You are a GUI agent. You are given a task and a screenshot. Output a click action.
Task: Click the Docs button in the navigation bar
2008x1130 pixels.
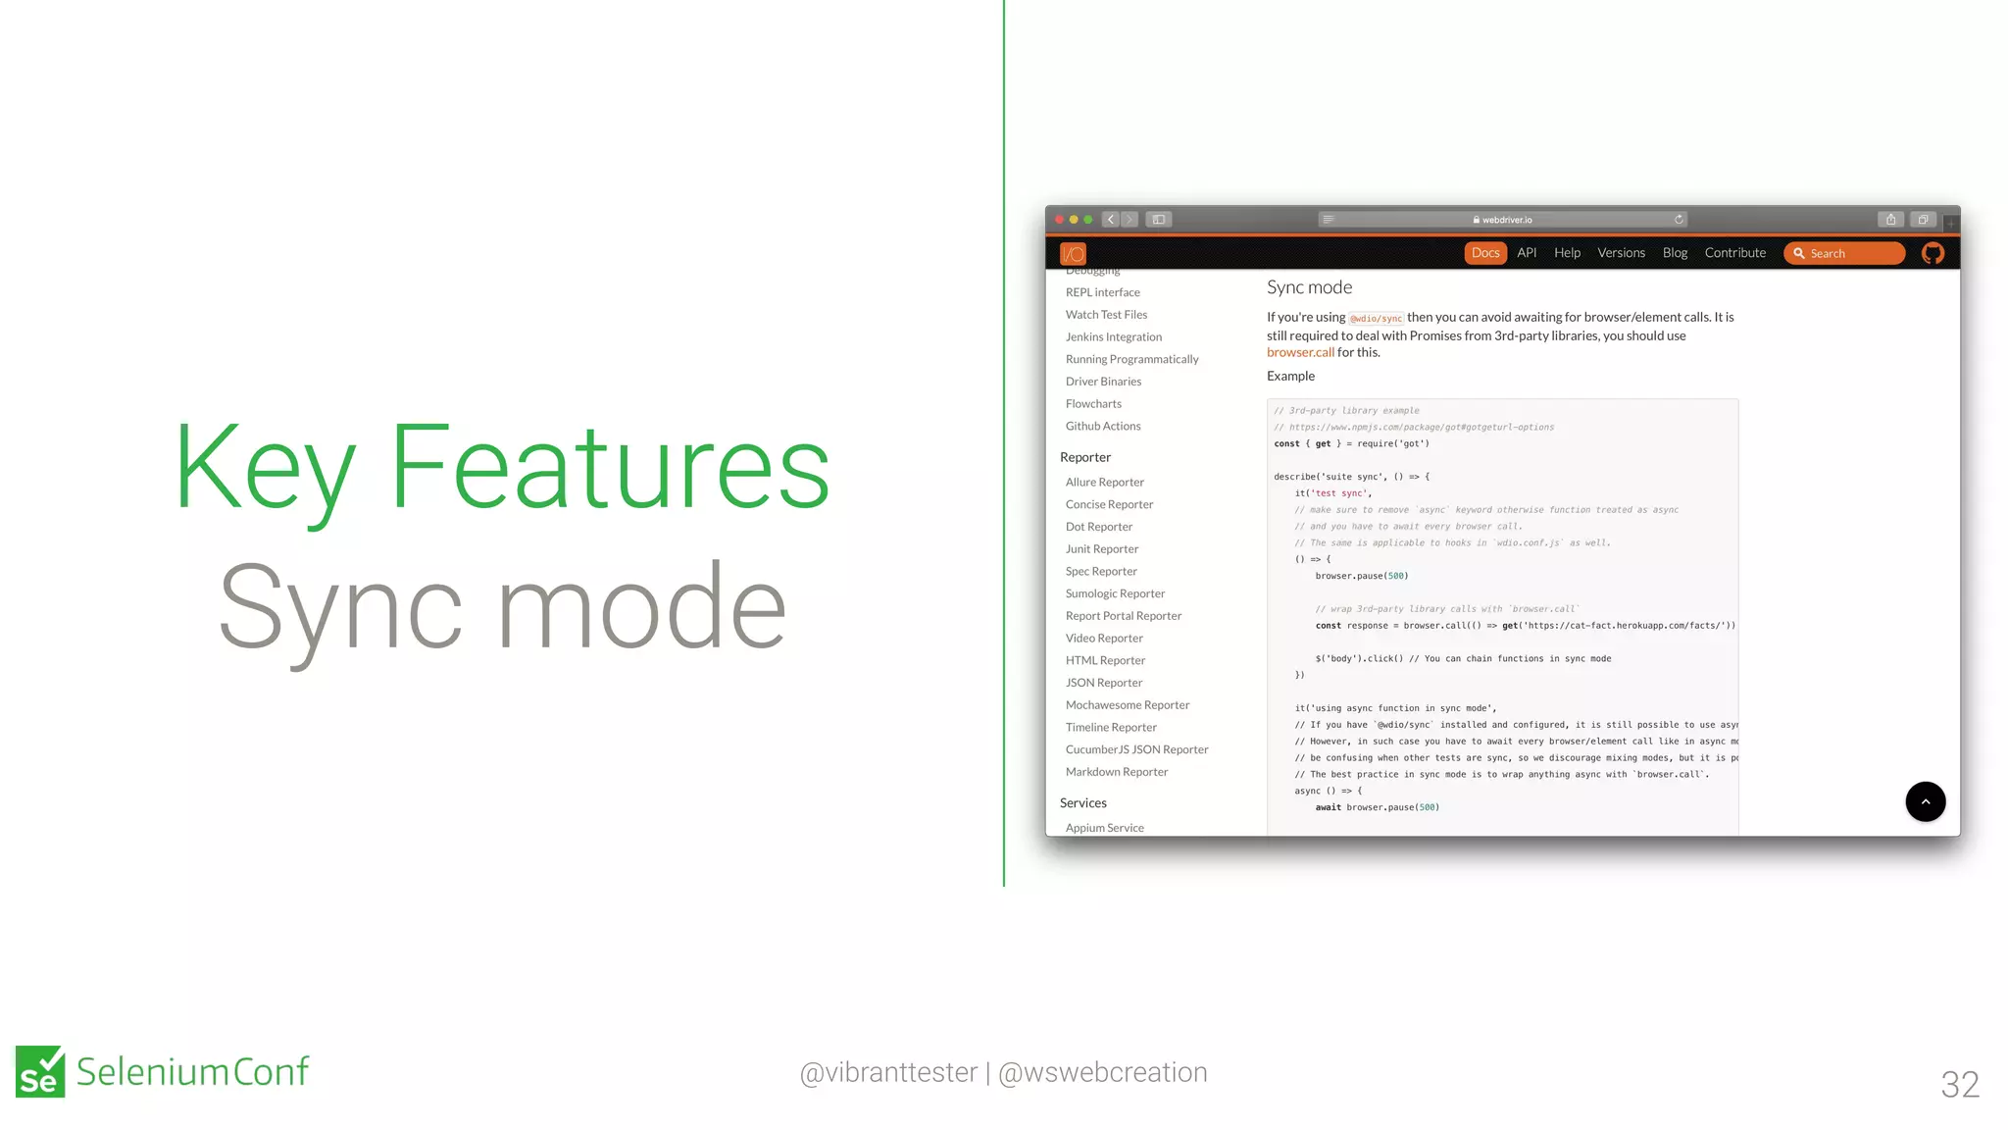tap(1484, 253)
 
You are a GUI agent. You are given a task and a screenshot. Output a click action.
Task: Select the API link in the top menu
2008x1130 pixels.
tap(1527, 253)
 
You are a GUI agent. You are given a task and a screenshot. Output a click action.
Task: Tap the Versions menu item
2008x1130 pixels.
tap(1621, 253)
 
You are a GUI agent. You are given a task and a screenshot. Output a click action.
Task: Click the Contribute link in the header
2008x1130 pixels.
tap(1734, 253)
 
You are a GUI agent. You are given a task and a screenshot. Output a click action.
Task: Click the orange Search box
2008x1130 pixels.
tap(1843, 253)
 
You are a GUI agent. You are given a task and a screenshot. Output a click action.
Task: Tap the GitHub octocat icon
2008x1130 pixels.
tap(1933, 253)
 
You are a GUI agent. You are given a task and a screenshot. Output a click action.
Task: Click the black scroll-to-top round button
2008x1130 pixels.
tap(1925, 801)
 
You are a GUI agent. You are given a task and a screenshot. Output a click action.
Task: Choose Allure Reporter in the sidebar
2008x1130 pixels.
tap(1104, 483)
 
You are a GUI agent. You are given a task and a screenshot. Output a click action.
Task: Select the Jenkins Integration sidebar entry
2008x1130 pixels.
tap(1113, 337)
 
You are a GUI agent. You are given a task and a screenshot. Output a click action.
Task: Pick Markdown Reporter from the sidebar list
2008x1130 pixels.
tap(1116, 772)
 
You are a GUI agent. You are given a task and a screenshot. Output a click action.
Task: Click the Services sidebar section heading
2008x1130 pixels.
tap(1082, 803)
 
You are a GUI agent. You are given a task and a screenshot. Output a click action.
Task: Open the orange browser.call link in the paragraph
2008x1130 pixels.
tap(1300, 353)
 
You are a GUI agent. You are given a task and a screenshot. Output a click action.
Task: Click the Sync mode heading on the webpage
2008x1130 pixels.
tap(1309, 287)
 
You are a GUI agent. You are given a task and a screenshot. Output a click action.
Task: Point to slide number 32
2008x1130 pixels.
tap(1959, 1084)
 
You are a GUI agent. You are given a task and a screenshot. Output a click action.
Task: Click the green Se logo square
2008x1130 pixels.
tap(40, 1071)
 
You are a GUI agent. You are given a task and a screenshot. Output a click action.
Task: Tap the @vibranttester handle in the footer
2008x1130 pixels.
tap(888, 1072)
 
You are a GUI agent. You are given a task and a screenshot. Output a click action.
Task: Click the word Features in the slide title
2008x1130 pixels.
tap(610, 466)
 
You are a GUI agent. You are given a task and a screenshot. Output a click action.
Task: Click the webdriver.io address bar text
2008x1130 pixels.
tap(1506, 220)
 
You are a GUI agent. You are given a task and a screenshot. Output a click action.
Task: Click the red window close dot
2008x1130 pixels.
tap(1060, 220)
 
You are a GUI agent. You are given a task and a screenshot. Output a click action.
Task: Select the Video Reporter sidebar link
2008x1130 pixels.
tap(1104, 639)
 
